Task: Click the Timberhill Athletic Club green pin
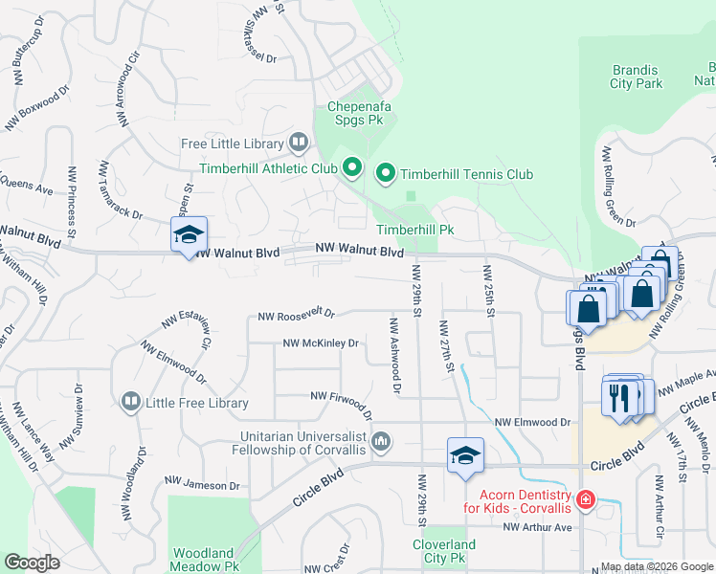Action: click(x=351, y=169)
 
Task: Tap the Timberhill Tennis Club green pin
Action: click(x=385, y=173)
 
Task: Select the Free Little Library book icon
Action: click(x=299, y=144)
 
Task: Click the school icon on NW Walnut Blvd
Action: click(x=189, y=235)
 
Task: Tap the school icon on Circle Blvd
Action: click(x=465, y=456)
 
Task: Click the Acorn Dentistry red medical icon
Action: click(x=585, y=499)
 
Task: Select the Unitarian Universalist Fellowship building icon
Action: click(x=381, y=441)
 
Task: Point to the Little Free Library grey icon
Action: click(x=131, y=403)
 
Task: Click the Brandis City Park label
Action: click(x=636, y=77)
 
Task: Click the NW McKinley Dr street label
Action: click(x=320, y=342)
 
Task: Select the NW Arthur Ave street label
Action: click(x=537, y=527)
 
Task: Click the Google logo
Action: click(x=32, y=563)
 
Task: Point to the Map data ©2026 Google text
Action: click(x=657, y=566)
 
